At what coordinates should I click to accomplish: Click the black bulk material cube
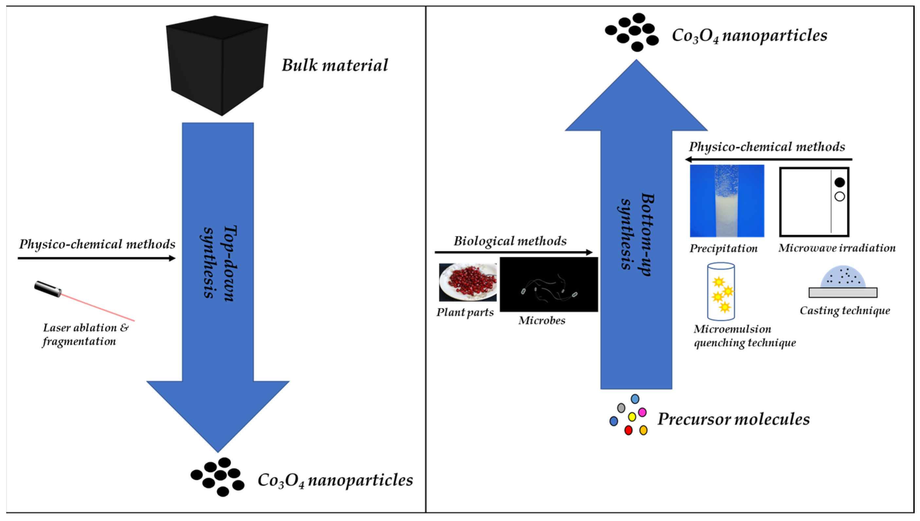tap(217, 65)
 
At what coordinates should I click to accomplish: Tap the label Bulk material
tap(335, 66)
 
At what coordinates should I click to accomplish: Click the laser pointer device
tap(48, 289)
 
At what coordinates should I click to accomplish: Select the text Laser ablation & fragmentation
tap(85, 335)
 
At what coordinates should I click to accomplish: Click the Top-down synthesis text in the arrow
tap(219, 263)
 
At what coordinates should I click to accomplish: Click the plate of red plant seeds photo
tap(468, 282)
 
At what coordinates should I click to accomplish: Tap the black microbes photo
tap(549, 284)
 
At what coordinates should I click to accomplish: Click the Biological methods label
tap(510, 241)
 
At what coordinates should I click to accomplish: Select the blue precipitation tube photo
tap(727, 201)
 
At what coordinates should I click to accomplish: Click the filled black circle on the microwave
tap(839, 183)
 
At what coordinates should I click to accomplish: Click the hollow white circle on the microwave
tap(839, 197)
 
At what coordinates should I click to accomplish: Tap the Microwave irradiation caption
tap(837, 248)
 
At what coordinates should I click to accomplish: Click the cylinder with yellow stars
tap(721, 292)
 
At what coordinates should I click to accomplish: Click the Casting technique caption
tap(845, 311)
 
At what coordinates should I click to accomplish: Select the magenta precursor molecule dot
tap(642, 412)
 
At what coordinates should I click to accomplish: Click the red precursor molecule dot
tap(628, 430)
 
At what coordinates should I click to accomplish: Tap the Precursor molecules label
tap(733, 419)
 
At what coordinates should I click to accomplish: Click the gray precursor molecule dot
tap(621, 408)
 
